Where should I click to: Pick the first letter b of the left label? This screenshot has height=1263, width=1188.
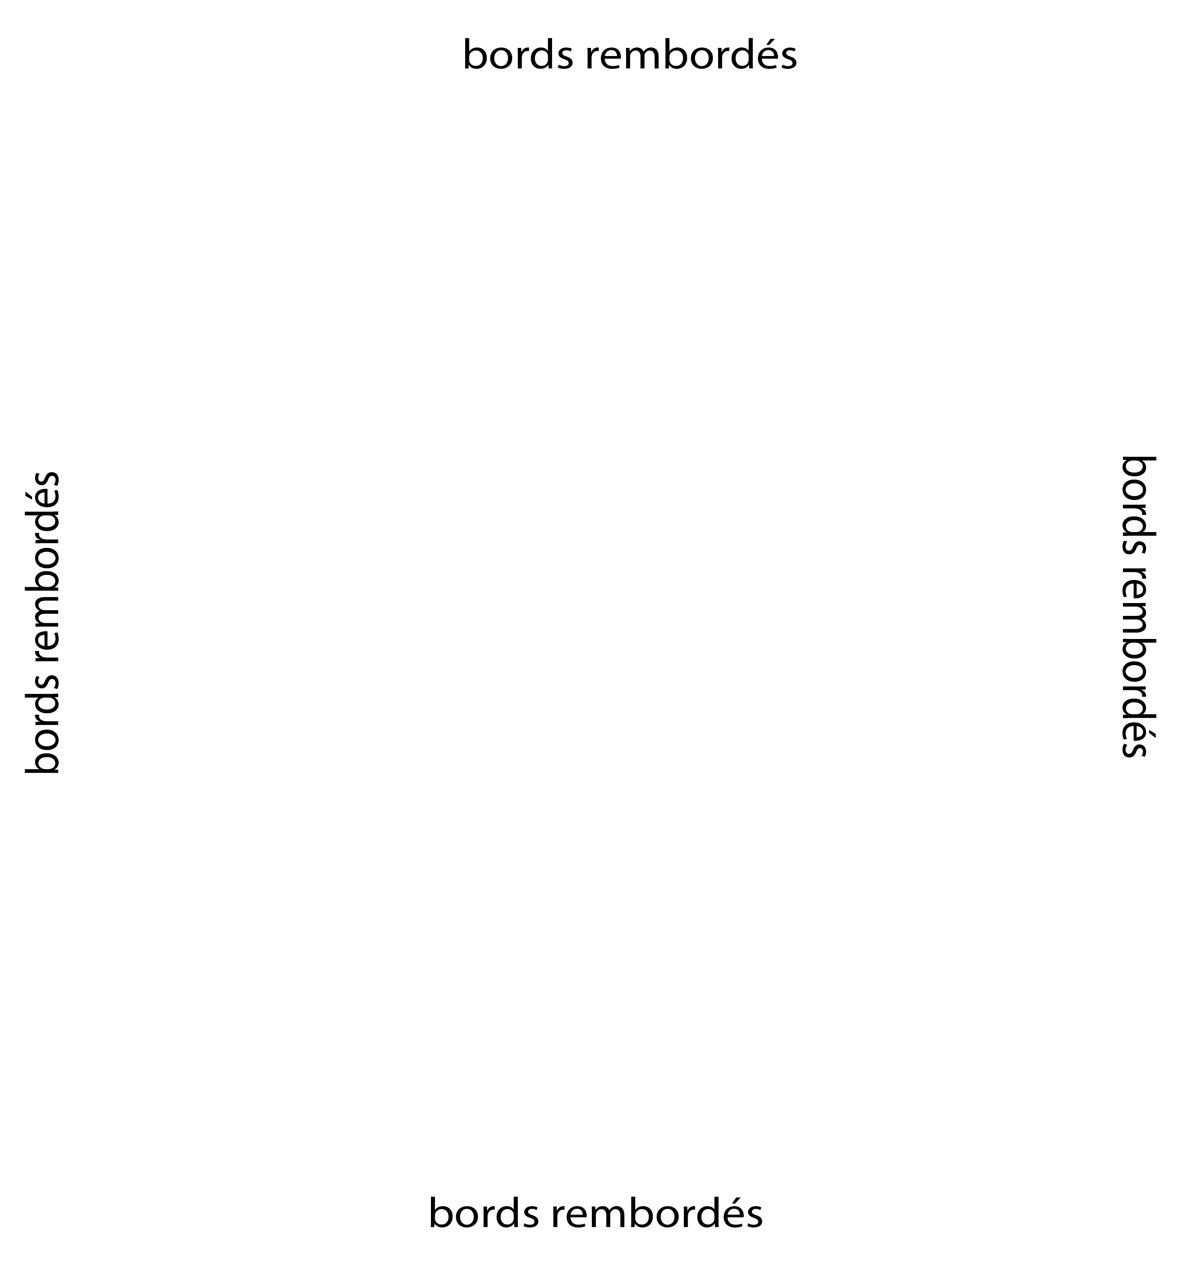[42, 762]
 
